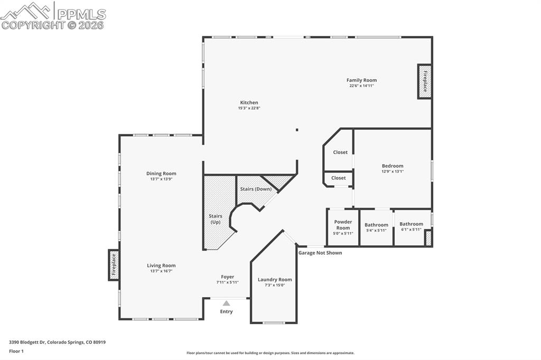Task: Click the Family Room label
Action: tap(361, 80)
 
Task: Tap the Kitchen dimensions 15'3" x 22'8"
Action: tap(249, 108)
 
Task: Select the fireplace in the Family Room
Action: tap(425, 81)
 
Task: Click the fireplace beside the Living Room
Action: tap(113, 264)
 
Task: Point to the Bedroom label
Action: tap(393, 166)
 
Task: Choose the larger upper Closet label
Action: tap(340, 152)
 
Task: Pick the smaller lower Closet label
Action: tap(339, 178)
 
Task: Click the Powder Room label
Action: tap(343, 225)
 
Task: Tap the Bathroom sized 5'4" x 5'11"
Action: tap(376, 225)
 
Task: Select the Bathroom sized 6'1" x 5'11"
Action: tap(411, 224)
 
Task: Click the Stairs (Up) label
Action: tap(216, 219)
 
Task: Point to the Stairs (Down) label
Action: tap(256, 189)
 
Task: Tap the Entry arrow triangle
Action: tap(226, 303)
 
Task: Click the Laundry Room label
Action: tap(275, 280)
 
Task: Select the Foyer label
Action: tap(227, 277)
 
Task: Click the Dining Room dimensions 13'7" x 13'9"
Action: tap(161, 179)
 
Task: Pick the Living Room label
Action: tap(161, 266)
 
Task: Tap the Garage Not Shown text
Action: tap(320, 253)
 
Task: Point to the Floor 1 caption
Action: tap(16, 350)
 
